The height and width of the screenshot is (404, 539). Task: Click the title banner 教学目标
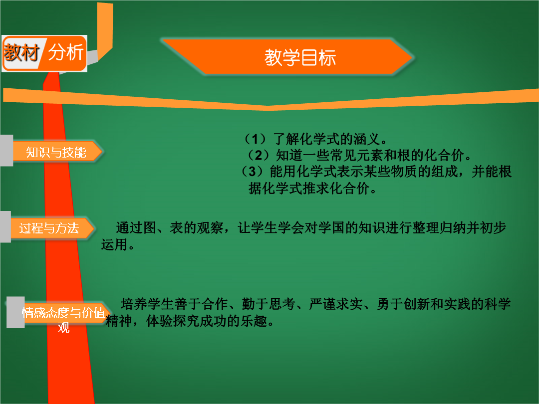[x=288, y=57]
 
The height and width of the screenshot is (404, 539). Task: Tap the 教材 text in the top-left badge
[x=21, y=52]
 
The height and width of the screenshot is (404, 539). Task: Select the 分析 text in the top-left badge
[x=66, y=52]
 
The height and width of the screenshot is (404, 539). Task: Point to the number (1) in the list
[x=255, y=139]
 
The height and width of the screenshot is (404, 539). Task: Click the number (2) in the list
[x=258, y=155]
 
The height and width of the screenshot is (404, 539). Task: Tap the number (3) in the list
[x=252, y=172]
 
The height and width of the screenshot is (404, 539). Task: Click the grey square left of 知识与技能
[x=6, y=151]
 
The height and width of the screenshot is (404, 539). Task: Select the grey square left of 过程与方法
[x=5, y=227]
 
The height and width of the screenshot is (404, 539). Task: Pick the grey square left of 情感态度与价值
[x=15, y=312]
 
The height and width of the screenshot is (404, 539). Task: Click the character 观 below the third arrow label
[x=63, y=328]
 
